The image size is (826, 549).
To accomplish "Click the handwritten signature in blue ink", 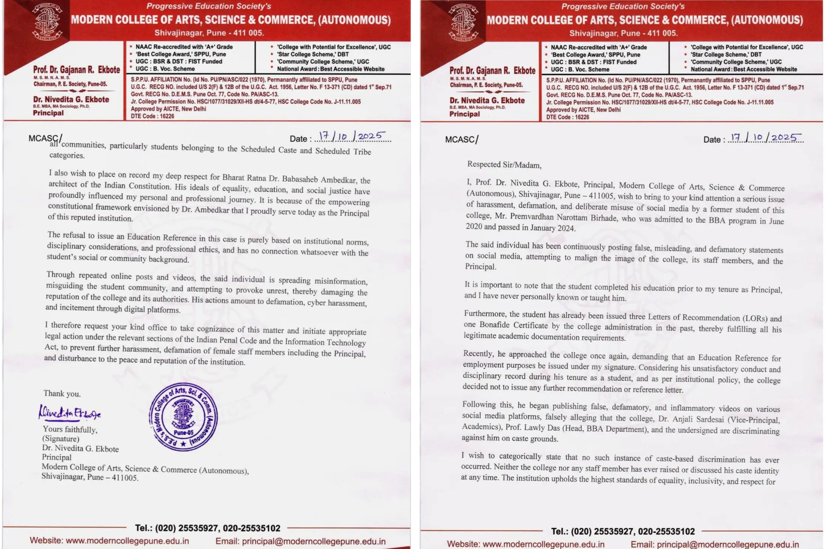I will [69, 414].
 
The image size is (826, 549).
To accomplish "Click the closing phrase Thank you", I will [62, 394].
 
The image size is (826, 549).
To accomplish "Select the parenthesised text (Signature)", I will [61, 439].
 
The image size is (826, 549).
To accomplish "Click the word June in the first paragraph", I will [775, 221].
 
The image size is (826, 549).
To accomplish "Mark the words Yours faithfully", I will [70, 429].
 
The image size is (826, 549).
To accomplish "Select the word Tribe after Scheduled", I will [362, 152].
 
